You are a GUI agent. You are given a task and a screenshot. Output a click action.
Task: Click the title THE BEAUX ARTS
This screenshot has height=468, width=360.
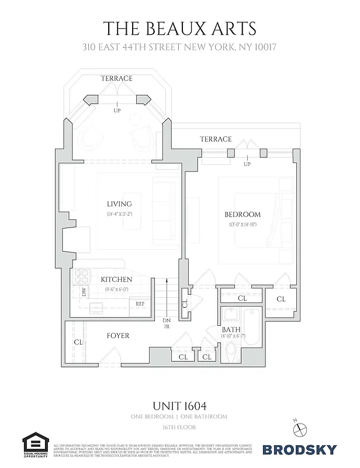click(x=179, y=28)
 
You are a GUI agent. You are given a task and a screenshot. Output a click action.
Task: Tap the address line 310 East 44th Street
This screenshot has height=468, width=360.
click(x=179, y=47)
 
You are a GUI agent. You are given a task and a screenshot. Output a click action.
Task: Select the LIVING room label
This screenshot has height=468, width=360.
click(x=119, y=204)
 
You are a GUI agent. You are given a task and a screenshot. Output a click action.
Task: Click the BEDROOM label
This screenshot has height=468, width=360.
click(x=243, y=214)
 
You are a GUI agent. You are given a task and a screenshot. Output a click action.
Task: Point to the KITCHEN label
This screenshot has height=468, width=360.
click(x=116, y=280)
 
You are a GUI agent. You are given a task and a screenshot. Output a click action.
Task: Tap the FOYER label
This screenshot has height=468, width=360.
click(x=117, y=336)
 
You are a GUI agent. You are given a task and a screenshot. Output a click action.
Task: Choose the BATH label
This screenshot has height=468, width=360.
click(x=231, y=330)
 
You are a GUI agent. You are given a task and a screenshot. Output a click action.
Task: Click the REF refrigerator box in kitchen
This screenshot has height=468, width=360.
click(x=140, y=304)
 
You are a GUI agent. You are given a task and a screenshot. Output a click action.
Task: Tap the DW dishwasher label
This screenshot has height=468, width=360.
click(x=84, y=291)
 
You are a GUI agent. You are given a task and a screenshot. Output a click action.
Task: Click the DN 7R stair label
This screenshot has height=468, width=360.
click(x=166, y=324)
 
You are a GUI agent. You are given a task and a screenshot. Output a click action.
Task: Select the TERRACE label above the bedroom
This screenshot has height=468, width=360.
click(x=216, y=139)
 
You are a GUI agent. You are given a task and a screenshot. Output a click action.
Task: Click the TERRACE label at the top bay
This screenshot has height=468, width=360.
click(x=116, y=78)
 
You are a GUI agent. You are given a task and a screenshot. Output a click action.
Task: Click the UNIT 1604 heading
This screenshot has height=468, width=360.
click(x=179, y=405)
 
